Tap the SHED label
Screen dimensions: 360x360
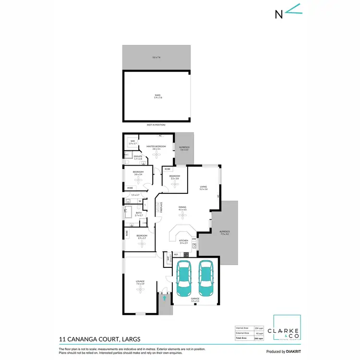pos(158,96)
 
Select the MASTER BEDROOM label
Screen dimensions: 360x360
pos(159,146)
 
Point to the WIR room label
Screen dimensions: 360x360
pos(132,142)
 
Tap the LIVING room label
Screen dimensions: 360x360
pos(204,187)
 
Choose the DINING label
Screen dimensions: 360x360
pos(182,207)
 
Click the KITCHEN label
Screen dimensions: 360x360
pos(183,240)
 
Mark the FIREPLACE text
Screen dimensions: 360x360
pos(162,207)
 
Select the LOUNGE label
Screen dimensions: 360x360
pos(140,281)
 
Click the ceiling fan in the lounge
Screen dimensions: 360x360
pos(140,289)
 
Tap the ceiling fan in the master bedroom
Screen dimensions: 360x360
pos(159,155)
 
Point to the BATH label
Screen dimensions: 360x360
pos(138,213)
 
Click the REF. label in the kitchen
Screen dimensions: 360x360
pos(176,254)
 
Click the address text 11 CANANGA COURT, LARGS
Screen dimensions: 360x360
pos(99,339)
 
